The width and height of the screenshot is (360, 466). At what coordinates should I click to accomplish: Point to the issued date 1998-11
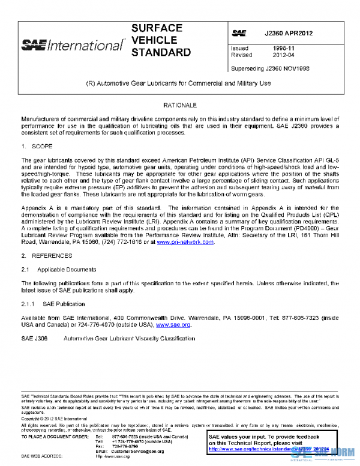point(283,48)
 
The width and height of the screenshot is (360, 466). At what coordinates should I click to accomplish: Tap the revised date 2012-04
point(283,55)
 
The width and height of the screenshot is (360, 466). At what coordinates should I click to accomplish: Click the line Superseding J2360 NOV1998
point(269,68)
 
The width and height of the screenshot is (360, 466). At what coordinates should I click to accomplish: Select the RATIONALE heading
point(181,105)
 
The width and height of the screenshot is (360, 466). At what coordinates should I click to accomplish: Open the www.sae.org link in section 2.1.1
point(173,325)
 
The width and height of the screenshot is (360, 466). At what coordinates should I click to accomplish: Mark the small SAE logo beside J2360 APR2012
point(238,33)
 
